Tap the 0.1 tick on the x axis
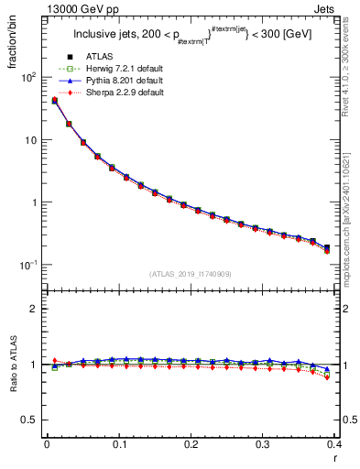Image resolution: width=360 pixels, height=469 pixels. pyautogui.click(x=119, y=445)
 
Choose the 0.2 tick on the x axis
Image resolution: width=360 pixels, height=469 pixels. pyautogui.click(x=191, y=445)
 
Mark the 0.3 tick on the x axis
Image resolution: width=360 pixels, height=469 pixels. pyautogui.click(x=263, y=445)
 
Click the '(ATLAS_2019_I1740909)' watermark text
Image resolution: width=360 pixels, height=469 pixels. pyautogui.click(x=191, y=274)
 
